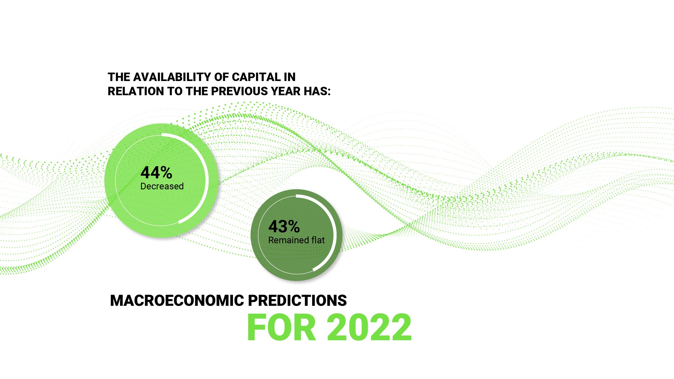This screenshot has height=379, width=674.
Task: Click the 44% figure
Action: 156,173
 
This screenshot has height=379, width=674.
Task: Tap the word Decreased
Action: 162,186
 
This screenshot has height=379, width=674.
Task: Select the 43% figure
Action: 284,226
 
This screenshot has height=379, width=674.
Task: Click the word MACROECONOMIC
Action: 177,301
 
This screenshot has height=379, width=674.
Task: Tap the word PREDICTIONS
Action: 297,301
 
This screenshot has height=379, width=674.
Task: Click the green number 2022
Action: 369,328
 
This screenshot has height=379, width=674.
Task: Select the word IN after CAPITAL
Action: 290,77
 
